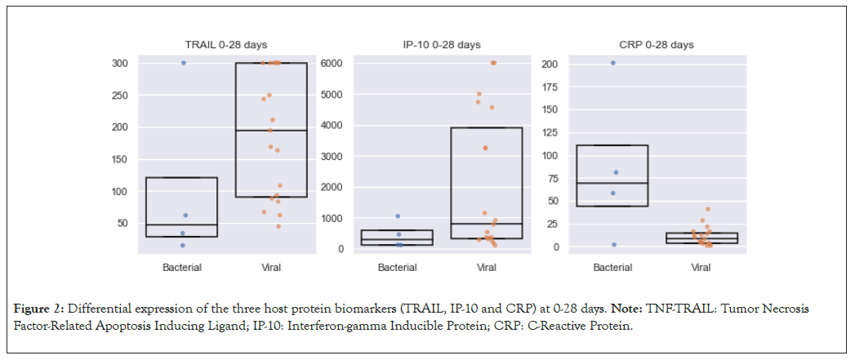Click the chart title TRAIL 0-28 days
[x=225, y=45]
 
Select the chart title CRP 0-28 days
[x=657, y=45]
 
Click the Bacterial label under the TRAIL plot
[x=182, y=267]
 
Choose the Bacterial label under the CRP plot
[x=612, y=267]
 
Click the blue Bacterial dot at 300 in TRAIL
[x=184, y=63]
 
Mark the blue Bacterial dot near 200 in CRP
[x=613, y=63]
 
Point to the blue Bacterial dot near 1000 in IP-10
[x=398, y=216]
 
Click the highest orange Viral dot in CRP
[x=708, y=209]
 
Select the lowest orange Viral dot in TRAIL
[x=278, y=226]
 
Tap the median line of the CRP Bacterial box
[x=613, y=183]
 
